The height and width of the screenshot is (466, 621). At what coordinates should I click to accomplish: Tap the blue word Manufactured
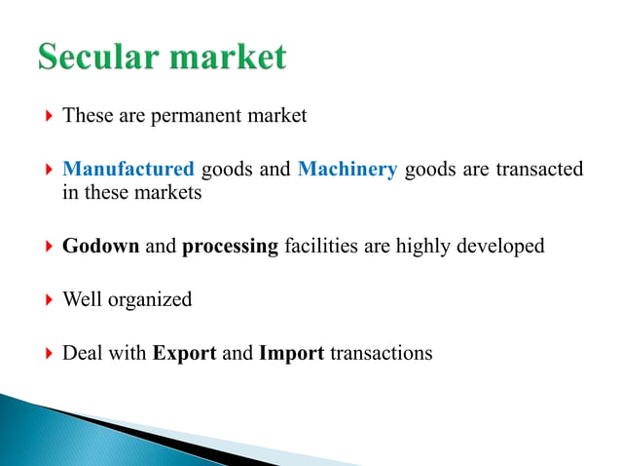click(x=128, y=170)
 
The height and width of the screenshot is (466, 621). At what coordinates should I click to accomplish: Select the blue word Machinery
click(x=347, y=170)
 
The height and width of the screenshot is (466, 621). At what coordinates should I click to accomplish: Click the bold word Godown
click(x=100, y=246)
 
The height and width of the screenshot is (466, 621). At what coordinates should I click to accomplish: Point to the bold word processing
click(x=230, y=246)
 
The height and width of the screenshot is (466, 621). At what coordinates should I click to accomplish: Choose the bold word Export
click(x=184, y=353)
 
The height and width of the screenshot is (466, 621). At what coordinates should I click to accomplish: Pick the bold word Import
click(x=291, y=353)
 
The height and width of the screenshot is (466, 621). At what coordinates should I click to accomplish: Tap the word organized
click(x=152, y=299)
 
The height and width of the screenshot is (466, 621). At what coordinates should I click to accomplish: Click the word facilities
click(x=320, y=246)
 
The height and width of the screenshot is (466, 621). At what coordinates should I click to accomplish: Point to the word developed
click(x=499, y=246)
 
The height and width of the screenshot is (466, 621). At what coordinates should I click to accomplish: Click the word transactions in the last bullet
click(x=382, y=353)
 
